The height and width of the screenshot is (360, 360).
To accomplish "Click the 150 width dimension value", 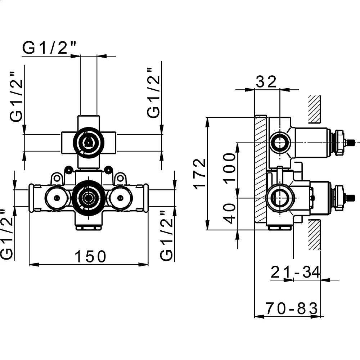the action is pyautogui.click(x=90, y=256).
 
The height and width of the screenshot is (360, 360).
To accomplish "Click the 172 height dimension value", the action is pyautogui.click(x=200, y=174).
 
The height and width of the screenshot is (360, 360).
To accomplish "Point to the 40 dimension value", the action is pyautogui.click(x=230, y=213).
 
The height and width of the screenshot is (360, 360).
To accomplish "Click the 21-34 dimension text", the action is pyautogui.click(x=295, y=272).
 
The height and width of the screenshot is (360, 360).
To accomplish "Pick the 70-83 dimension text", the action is pyautogui.click(x=292, y=309).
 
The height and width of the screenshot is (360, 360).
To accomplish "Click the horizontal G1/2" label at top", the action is pyautogui.click(x=49, y=48).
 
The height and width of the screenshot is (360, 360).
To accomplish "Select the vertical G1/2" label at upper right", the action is pyautogui.click(x=153, y=93).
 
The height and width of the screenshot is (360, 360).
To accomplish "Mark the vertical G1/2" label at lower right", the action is pyautogui.click(x=166, y=235).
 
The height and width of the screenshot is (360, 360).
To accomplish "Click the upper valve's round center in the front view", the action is pyautogui.click(x=89, y=143).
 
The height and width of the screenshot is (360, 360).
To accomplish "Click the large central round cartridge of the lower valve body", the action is pyautogui.click(x=89, y=198).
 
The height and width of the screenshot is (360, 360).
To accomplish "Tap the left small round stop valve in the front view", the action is pyautogui.click(x=57, y=198).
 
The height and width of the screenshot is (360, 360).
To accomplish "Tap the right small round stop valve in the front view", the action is pyautogui.click(x=120, y=198).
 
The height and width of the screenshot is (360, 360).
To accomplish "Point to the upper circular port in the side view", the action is pyautogui.click(x=280, y=143).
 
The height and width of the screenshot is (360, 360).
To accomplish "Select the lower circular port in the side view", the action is pyautogui.click(x=280, y=198).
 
